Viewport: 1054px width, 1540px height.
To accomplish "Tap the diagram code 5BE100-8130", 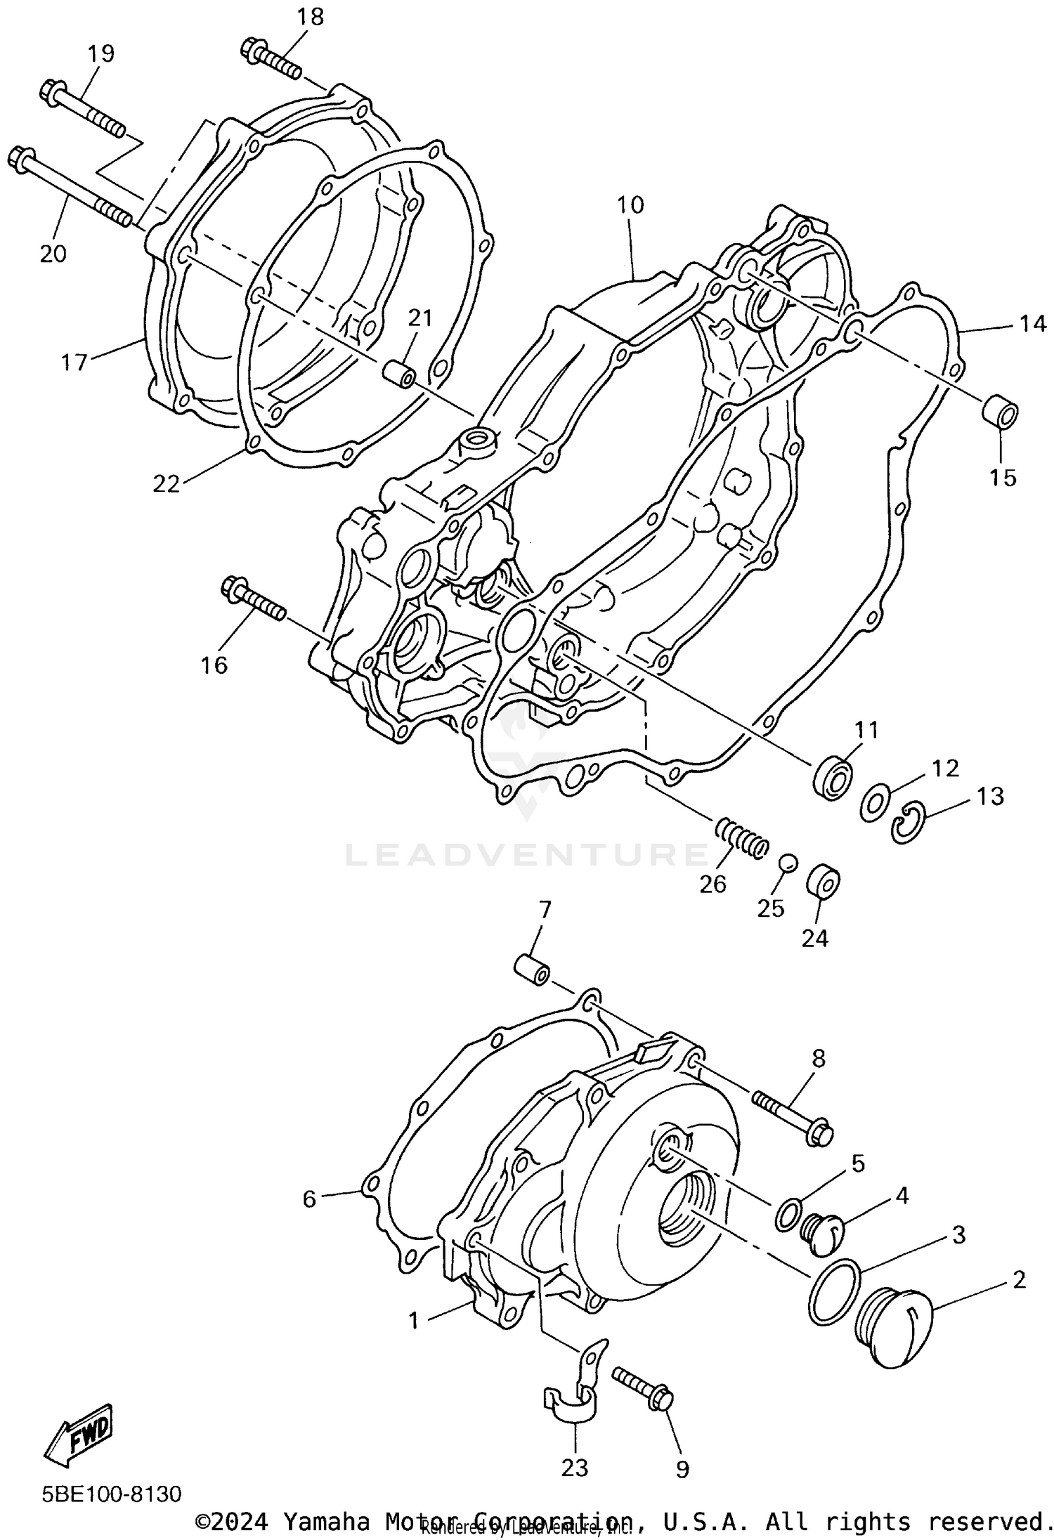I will (x=112, y=1493).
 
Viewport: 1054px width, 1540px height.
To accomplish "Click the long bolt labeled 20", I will (x=70, y=186).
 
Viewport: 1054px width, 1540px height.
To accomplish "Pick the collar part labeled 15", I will (x=1001, y=414).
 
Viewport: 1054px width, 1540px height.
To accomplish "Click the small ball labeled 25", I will (x=788, y=863).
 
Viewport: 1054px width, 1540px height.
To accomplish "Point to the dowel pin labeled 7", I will (x=532, y=970).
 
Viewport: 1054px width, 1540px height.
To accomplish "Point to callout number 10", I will (x=630, y=205).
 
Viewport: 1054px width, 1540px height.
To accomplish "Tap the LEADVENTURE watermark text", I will (x=527, y=855).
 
